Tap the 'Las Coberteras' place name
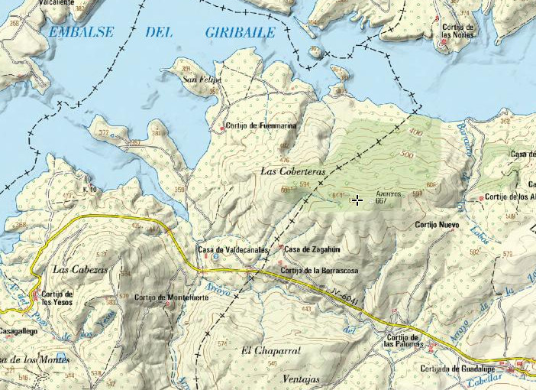[293, 171]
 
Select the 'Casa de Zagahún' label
[312, 249]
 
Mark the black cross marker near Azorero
[357, 200]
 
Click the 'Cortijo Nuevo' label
[437, 226]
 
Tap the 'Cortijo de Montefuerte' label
[171, 297]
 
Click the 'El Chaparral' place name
[270, 350]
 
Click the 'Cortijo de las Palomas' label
[403, 341]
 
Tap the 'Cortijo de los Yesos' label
[57, 297]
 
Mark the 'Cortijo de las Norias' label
[458, 31]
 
